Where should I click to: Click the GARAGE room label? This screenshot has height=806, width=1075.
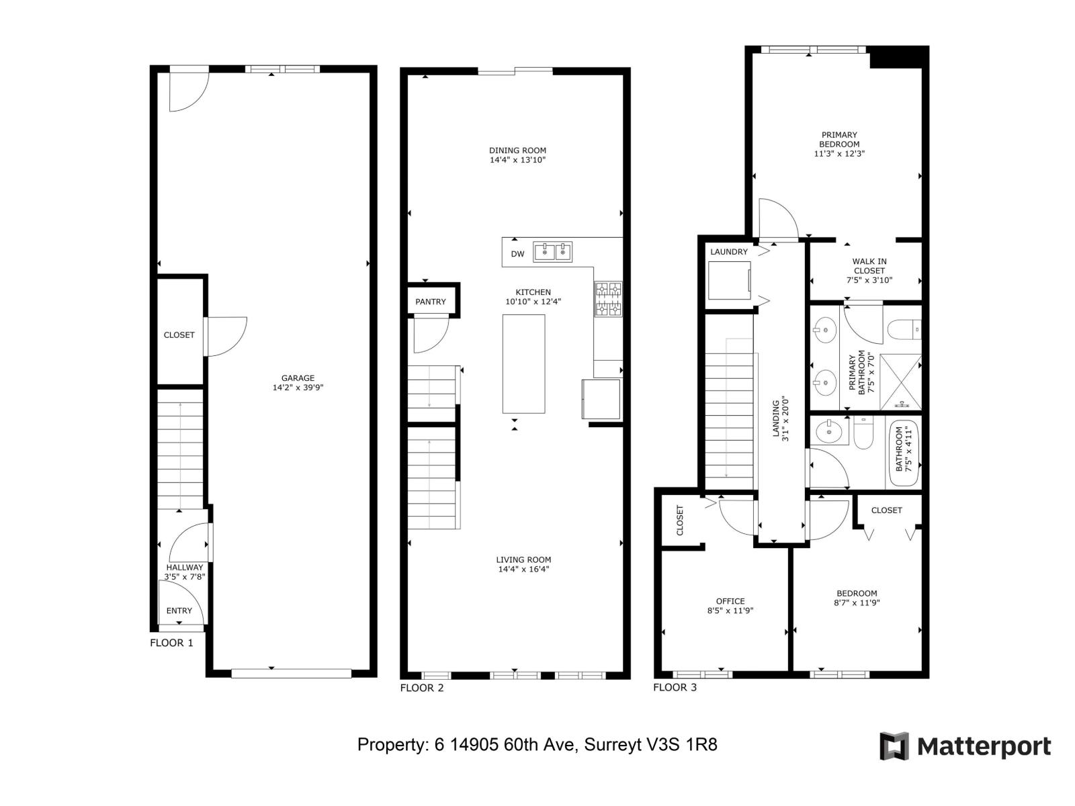pyautogui.click(x=298, y=378)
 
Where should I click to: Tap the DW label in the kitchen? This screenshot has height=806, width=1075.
pyautogui.click(x=517, y=254)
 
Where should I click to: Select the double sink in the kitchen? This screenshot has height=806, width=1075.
pyautogui.click(x=552, y=252)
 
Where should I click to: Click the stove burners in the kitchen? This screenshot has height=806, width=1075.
pyautogui.click(x=608, y=299)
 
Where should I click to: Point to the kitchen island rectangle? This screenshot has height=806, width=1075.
pyautogui.click(x=523, y=364)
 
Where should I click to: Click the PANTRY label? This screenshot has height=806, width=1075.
pyautogui.click(x=431, y=302)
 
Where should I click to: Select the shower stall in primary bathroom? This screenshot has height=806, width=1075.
pyautogui.click(x=900, y=382)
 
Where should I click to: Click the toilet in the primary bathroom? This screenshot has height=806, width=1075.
pyautogui.click(x=903, y=330)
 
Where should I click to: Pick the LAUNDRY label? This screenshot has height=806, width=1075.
pyautogui.click(x=729, y=252)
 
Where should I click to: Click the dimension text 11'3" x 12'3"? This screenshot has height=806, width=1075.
pyautogui.click(x=839, y=154)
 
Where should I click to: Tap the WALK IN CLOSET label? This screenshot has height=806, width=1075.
pyautogui.click(x=869, y=266)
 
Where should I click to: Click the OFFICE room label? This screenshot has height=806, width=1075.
pyautogui.click(x=730, y=601)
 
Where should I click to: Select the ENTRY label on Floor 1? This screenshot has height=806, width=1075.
pyautogui.click(x=179, y=611)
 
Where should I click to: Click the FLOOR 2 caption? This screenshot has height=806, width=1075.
pyautogui.click(x=422, y=688)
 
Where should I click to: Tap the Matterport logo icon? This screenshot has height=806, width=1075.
pyautogui.click(x=894, y=746)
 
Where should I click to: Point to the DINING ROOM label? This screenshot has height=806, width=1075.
pyautogui.click(x=517, y=150)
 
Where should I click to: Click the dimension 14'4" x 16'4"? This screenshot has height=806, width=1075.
pyautogui.click(x=523, y=570)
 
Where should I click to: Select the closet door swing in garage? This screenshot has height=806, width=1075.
pyautogui.click(x=225, y=337)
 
